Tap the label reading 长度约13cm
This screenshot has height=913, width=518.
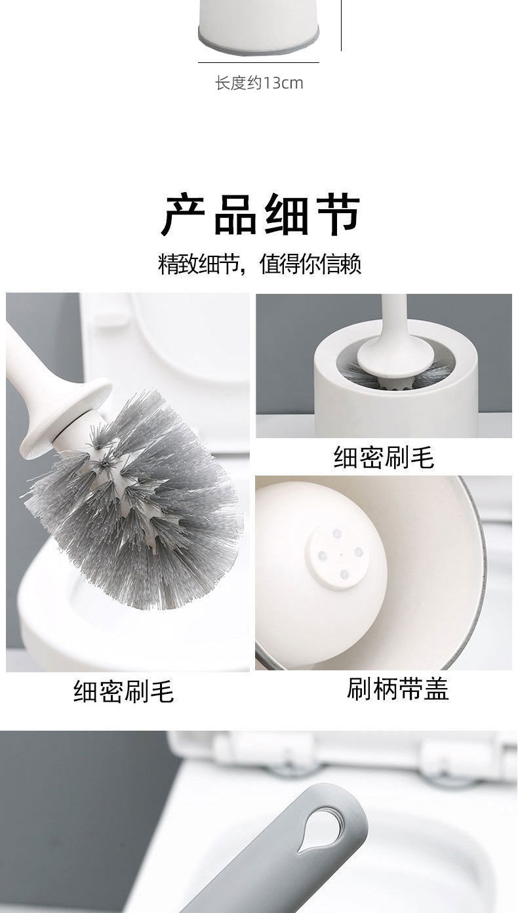point(259,83)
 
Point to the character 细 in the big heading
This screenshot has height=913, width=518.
point(287,214)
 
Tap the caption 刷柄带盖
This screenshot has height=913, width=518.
point(397,689)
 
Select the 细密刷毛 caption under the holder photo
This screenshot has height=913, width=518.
point(384,456)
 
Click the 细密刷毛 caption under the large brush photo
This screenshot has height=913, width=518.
point(123,691)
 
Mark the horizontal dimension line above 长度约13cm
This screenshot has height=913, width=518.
point(258,63)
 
